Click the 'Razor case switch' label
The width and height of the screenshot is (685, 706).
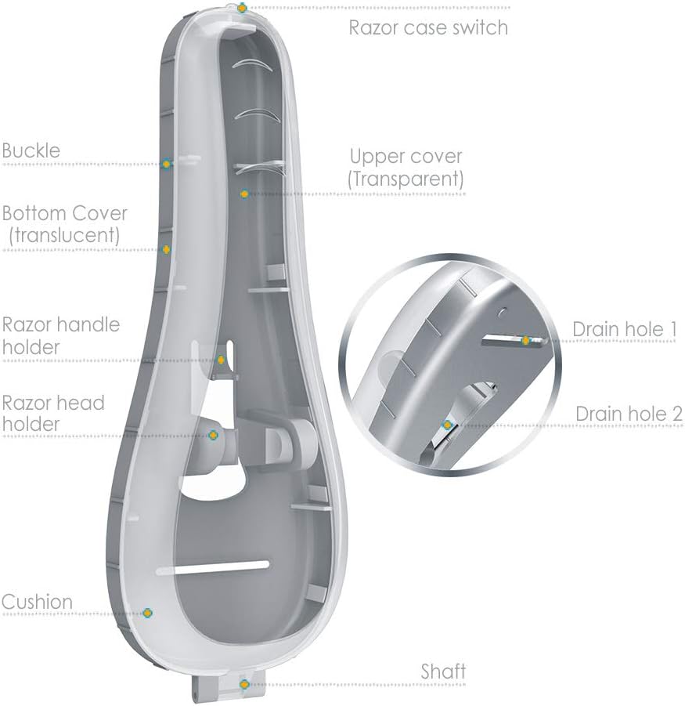point(427,28)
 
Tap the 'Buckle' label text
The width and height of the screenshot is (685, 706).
point(31,150)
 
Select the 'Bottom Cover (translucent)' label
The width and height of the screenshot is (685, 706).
point(64,223)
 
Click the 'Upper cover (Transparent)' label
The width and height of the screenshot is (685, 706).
point(406,168)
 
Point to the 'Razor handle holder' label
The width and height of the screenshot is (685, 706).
point(61,335)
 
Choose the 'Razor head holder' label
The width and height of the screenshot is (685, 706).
point(52,414)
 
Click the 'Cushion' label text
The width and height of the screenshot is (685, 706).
point(37,602)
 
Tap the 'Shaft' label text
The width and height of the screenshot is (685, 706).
point(443,671)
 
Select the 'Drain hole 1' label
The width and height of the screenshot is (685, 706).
point(624,328)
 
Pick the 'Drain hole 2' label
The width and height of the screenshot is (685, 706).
point(629,414)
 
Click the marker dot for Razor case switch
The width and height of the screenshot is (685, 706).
point(243,7)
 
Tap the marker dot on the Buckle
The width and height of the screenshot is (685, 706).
point(166,164)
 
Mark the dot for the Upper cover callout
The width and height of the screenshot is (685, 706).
point(244,193)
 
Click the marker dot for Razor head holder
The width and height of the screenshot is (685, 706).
point(213,435)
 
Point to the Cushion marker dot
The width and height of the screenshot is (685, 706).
point(148,613)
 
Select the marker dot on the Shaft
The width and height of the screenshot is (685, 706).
point(244,684)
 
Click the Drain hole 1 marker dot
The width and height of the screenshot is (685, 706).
point(526,340)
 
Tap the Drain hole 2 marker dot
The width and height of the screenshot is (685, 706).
point(447,425)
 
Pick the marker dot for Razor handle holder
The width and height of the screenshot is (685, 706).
point(221,360)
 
